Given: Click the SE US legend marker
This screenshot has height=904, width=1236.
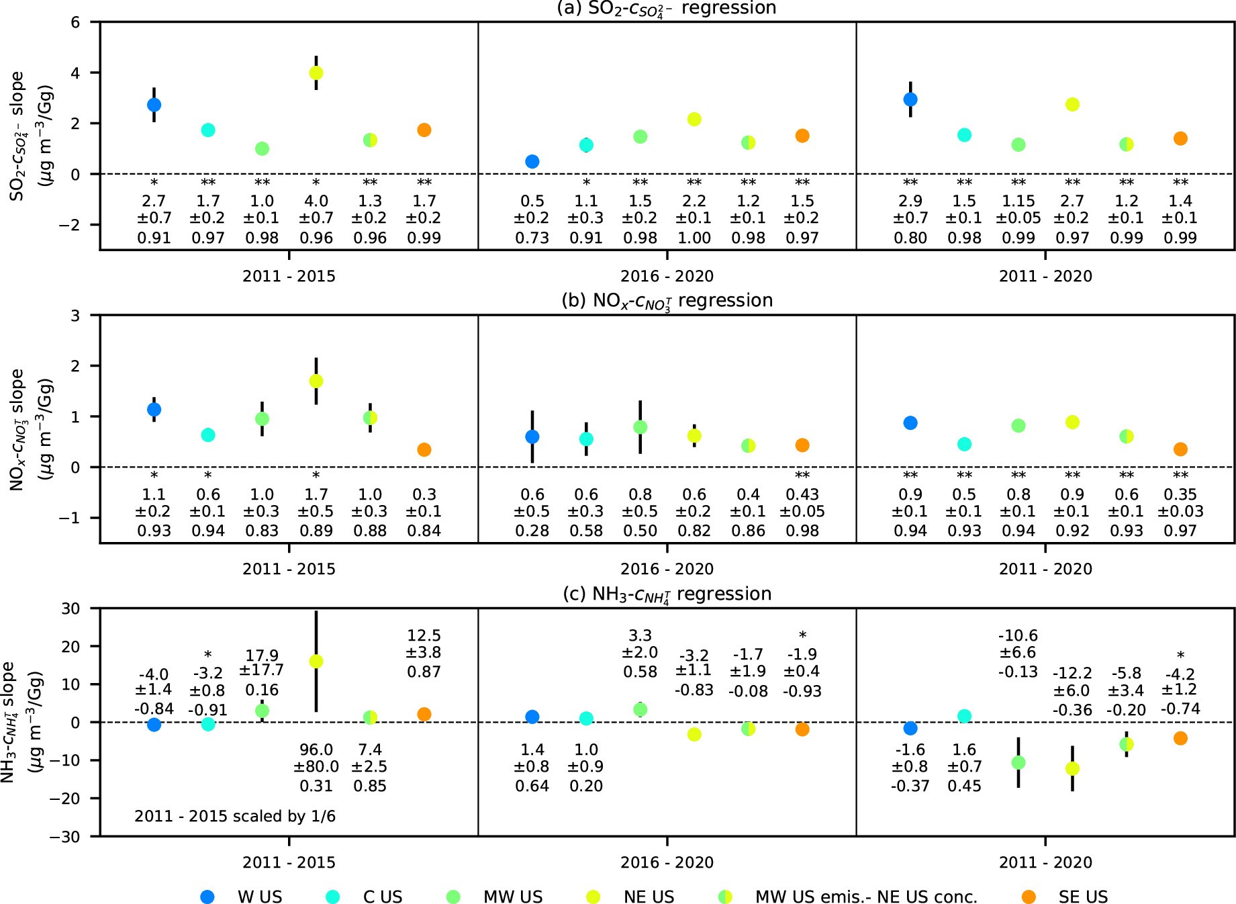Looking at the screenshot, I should click(x=1028, y=897).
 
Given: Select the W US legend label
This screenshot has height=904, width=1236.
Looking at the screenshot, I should click(x=260, y=897).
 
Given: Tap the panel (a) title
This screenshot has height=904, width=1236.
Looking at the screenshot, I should click(x=667, y=9).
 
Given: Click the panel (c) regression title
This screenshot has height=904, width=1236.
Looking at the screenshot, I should click(x=667, y=594).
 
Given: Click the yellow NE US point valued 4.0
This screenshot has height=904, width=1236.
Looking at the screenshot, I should click(x=316, y=73).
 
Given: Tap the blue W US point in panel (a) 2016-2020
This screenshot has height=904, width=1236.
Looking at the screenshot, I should click(x=532, y=161).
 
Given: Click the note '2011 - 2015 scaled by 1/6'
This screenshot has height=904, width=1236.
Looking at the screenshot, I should click(x=235, y=816).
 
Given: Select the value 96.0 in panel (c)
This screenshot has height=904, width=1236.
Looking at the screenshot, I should click(x=316, y=750).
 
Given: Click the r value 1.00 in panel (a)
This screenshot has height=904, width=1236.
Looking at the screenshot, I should click(x=694, y=238).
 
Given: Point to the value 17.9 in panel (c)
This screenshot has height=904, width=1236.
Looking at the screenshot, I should click(x=262, y=655).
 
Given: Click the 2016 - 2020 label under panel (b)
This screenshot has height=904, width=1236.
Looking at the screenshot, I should click(x=667, y=569).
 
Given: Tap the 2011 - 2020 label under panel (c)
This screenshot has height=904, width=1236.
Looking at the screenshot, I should click(x=1045, y=862).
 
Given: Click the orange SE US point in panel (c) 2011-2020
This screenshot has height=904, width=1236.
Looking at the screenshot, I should click(x=1180, y=738).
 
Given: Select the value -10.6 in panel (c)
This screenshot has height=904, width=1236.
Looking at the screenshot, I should click(x=1018, y=635).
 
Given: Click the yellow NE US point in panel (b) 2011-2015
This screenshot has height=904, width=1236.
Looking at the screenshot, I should click(x=316, y=381).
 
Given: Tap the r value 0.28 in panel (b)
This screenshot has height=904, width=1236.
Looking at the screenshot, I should click(x=532, y=531).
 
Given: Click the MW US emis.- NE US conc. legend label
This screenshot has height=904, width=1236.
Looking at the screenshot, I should click(x=866, y=897).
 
